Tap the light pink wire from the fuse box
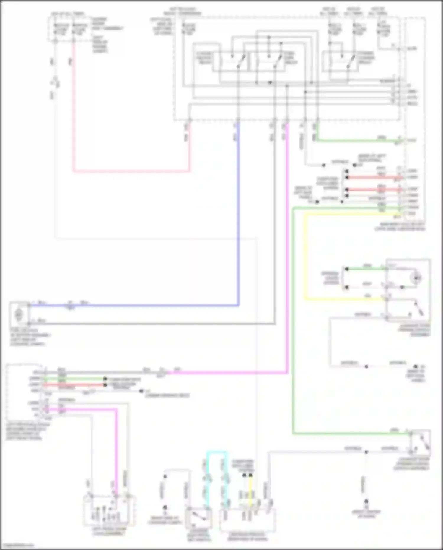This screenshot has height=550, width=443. [x=130, y=171]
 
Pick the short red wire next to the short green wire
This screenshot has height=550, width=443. [x=74, y=385]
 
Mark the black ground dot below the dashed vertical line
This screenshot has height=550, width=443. [x=366, y=502]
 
